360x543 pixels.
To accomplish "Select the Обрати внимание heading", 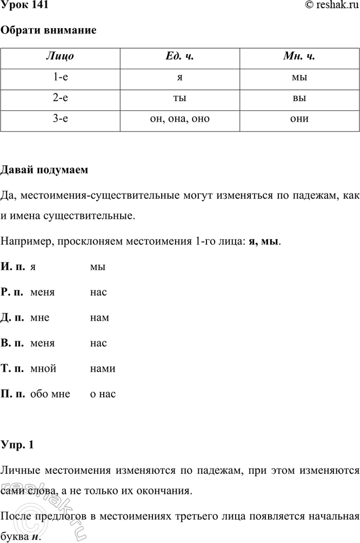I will [x=49, y=30].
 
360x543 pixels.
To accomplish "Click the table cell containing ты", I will [x=179, y=99].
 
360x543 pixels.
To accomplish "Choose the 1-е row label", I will [x=61, y=78].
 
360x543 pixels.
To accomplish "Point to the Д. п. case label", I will [x=14, y=318].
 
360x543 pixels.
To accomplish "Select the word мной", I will [x=44, y=368].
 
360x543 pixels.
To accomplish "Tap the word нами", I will [x=103, y=368].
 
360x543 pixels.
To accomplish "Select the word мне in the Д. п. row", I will [x=41, y=318].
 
